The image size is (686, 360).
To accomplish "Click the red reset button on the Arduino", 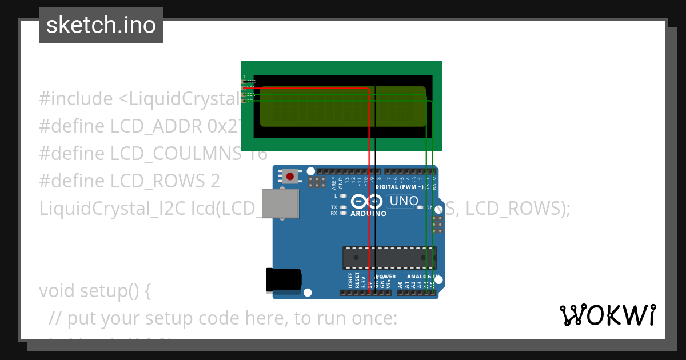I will click(x=290, y=176).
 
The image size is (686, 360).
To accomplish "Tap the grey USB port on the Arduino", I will click(x=280, y=203).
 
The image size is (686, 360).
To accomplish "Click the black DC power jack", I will click(x=284, y=280).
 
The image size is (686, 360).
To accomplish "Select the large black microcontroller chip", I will click(x=389, y=258).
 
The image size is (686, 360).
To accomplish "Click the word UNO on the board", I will click(x=404, y=201).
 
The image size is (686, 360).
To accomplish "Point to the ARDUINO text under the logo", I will click(x=368, y=214).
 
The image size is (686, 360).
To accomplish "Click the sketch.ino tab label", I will click(x=101, y=25).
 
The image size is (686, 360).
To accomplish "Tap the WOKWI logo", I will click(x=607, y=315).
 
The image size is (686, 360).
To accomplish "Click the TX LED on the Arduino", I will click(x=344, y=207).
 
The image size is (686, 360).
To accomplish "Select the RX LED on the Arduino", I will click(x=344, y=213).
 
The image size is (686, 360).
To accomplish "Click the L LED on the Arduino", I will click(x=344, y=196).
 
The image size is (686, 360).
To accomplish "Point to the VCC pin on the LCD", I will click(x=244, y=88).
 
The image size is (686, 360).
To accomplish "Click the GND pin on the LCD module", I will click(x=244, y=82).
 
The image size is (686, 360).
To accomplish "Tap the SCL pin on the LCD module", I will click(x=244, y=101).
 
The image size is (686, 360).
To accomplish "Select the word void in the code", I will click(x=58, y=291).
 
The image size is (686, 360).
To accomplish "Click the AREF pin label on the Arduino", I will click(x=334, y=183).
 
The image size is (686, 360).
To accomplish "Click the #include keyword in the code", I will click(x=76, y=99).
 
